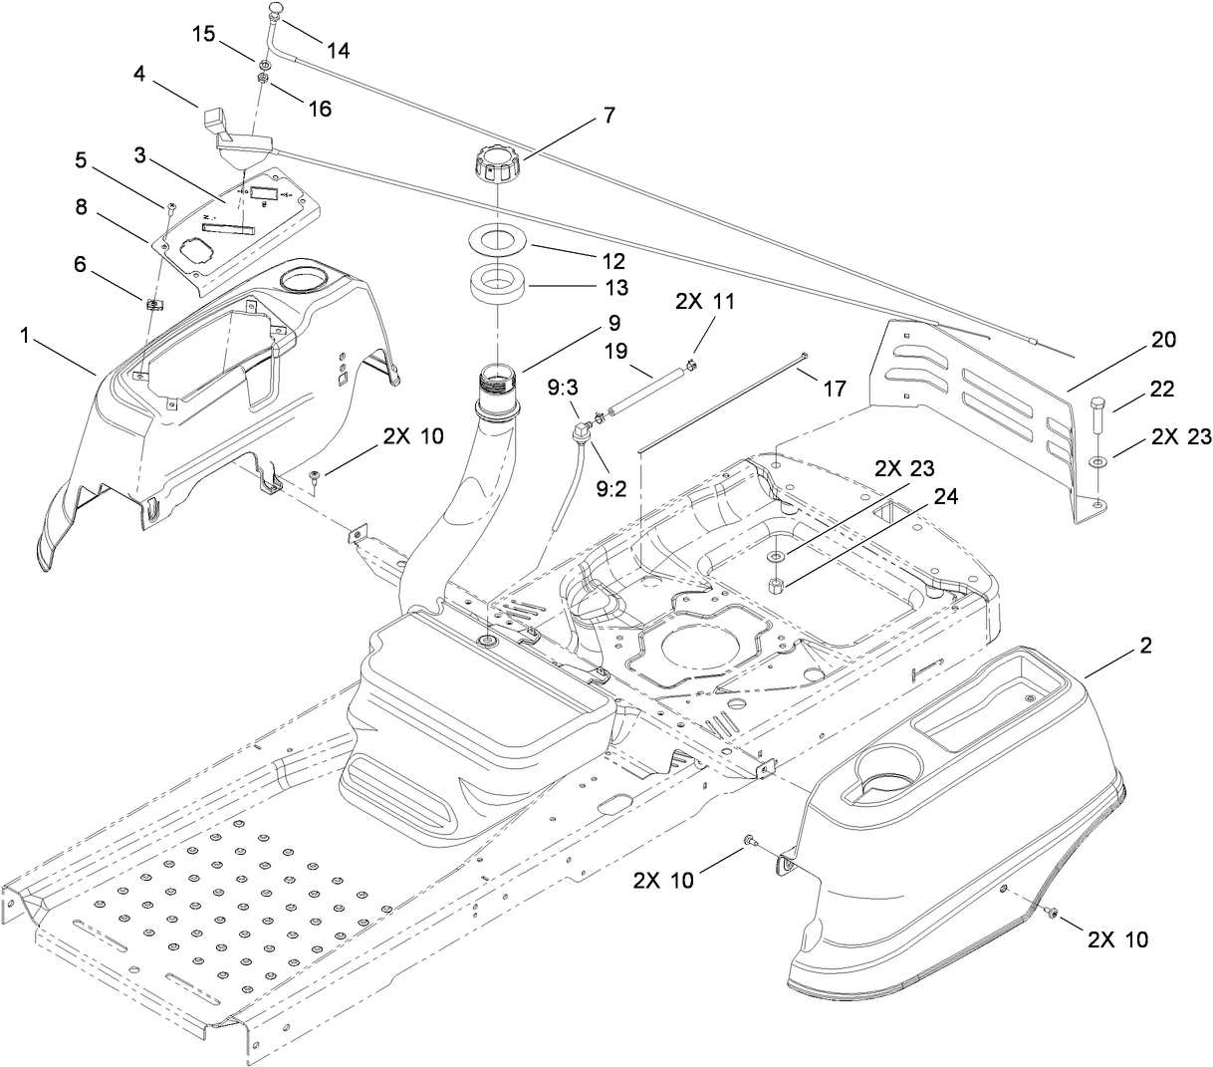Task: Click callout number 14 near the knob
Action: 338,50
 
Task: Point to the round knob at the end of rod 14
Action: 276,10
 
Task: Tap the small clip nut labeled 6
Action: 154,304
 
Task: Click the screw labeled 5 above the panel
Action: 170,206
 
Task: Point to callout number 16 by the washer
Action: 320,109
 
